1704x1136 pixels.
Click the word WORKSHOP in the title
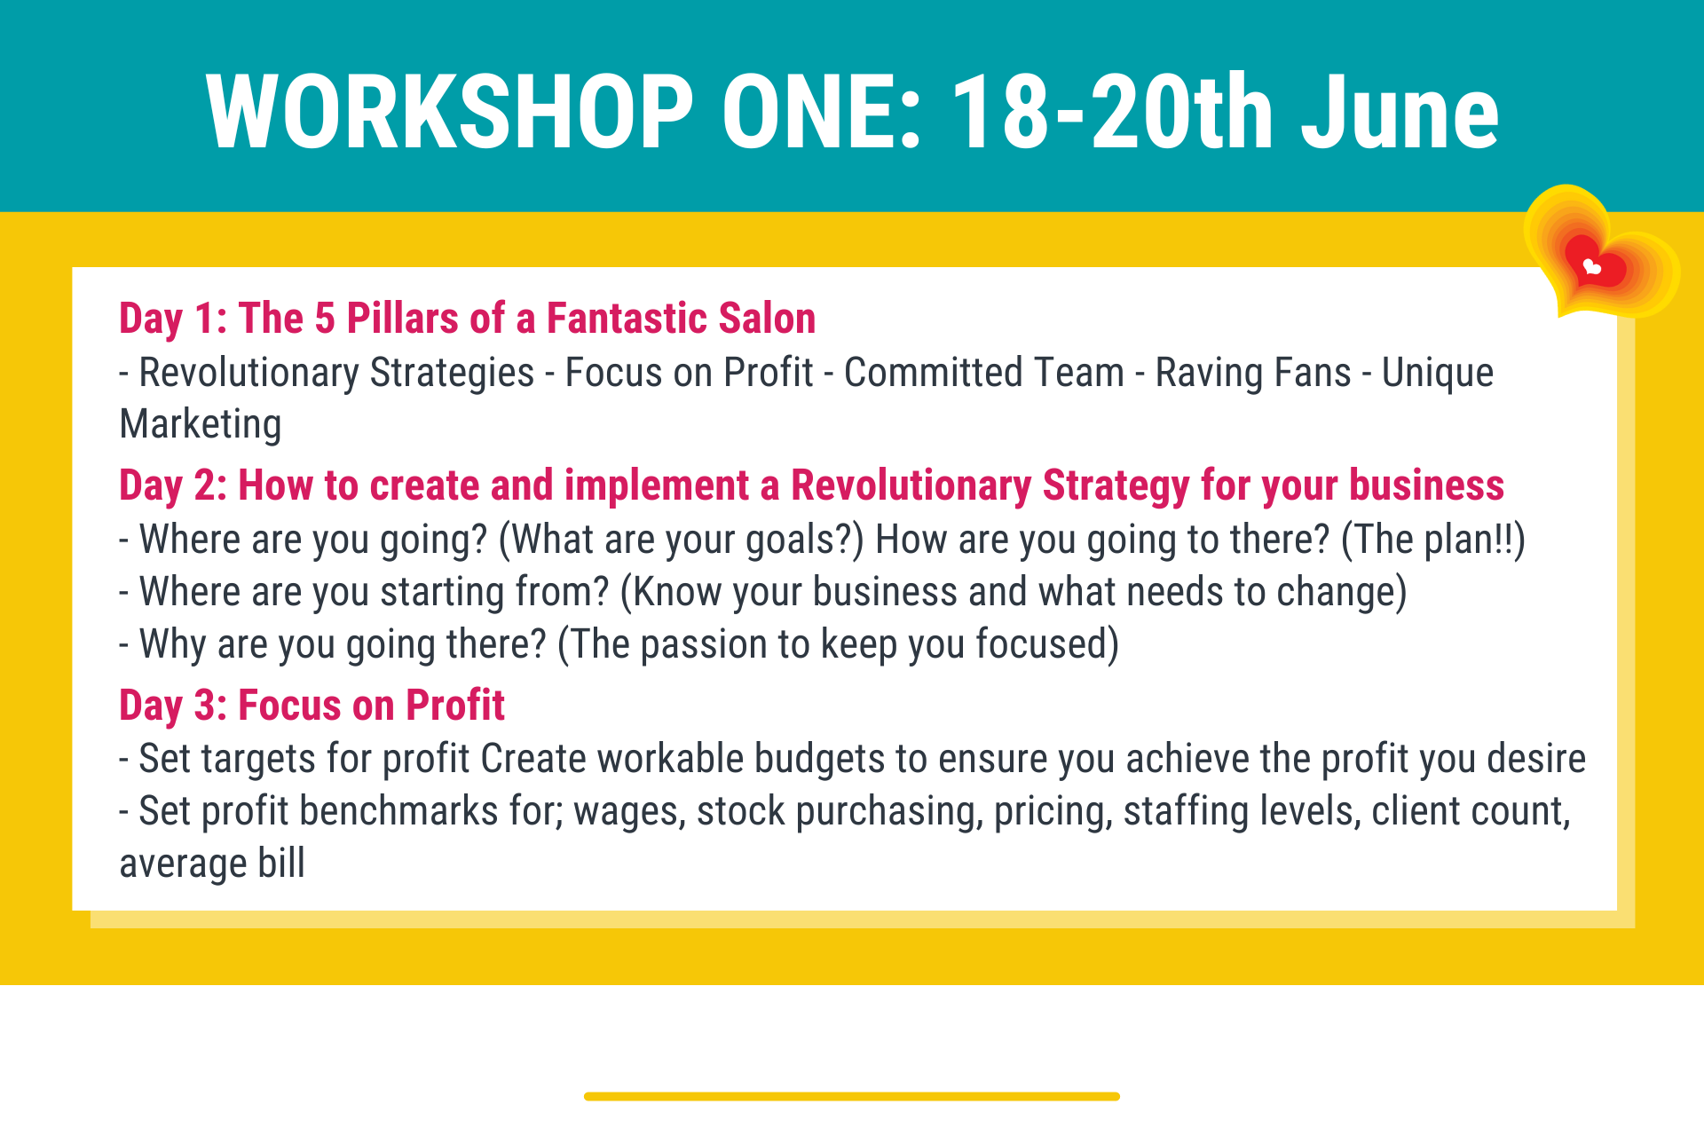(449, 111)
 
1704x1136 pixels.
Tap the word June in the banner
(1400, 111)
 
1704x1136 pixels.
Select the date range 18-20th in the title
(1112, 111)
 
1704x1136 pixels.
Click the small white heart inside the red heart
(1592, 266)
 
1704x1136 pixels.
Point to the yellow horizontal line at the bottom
(852, 1096)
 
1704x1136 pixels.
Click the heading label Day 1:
(173, 319)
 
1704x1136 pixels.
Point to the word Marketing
(201, 425)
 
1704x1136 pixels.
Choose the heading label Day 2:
(173, 485)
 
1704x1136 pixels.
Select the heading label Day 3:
(173, 706)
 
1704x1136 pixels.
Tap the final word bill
(281, 863)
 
